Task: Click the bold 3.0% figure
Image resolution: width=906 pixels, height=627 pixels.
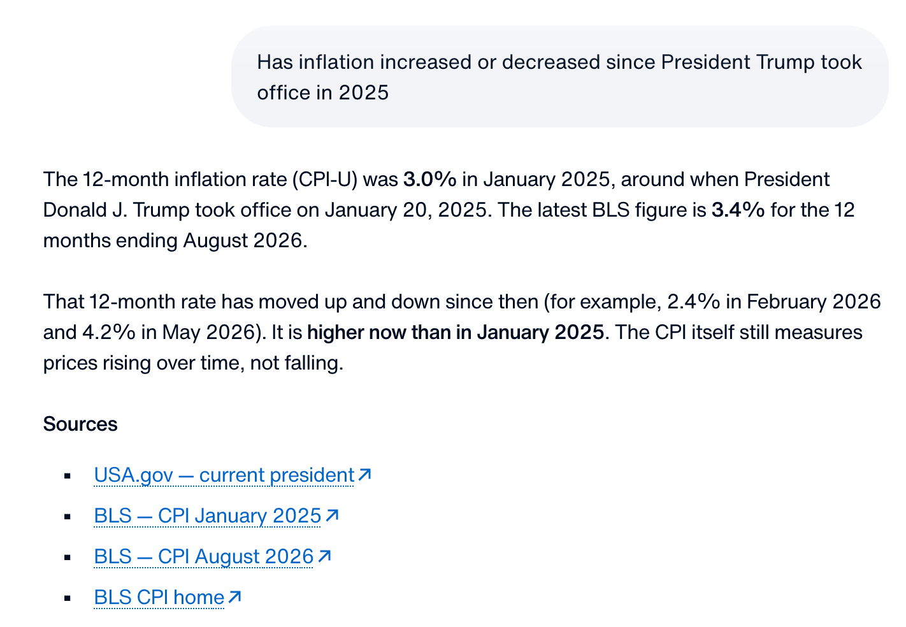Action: click(x=430, y=179)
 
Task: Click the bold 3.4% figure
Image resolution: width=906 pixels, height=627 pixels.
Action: click(x=738, y=210)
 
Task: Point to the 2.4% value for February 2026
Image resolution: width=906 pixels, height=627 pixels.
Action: click(x=694, y=302)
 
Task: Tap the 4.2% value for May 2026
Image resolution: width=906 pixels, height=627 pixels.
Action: click(x=109, y=333)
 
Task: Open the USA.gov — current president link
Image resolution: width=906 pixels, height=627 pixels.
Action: click(x=224, y=475)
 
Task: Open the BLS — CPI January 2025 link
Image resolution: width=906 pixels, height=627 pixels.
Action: click(x=208, y=515)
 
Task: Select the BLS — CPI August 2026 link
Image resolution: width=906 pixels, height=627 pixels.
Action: click(x=203, y=557)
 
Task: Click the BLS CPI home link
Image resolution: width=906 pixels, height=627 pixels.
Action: click(x=159, y=598)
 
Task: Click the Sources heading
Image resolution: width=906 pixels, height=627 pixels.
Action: click(x=80, y=424)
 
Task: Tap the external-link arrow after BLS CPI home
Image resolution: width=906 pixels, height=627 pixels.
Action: click(x=234, y=596)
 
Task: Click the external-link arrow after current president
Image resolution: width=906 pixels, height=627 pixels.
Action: click(x=364, y=475)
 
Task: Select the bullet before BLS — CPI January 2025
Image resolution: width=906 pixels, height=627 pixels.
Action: click(x=68, y=517)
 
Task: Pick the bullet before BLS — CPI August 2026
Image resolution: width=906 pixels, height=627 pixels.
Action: click(x=68, y=558)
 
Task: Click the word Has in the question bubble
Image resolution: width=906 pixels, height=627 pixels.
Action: click(x=275, y=62)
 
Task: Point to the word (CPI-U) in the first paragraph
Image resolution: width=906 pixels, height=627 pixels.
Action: click(x=325, y=180)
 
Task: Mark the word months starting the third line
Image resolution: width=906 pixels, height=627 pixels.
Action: click(x=77, y=241)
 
